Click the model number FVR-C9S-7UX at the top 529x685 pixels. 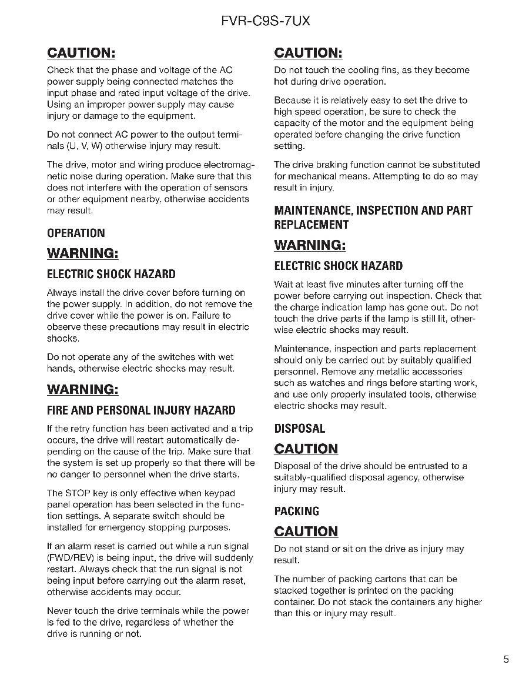(x=266, y=22)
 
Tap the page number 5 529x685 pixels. (x=506, y=659)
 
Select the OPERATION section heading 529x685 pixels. (x=76, y=233)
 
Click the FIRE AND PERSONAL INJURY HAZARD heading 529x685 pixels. (x=141, y=410)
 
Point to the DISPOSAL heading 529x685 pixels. (x=299, y=429)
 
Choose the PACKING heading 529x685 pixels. (x=297, y=511)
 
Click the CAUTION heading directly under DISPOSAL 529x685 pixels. (x=306, y=449)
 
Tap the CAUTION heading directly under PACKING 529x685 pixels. (x=306, y=532)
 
